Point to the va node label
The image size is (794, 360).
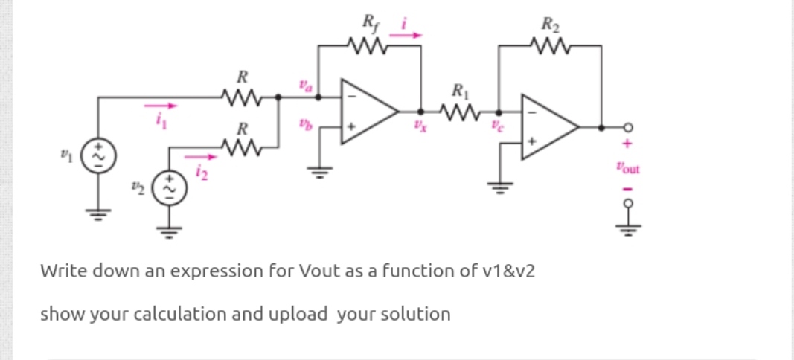(x=304, y=86)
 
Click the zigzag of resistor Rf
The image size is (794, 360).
(x=370, y=51)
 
